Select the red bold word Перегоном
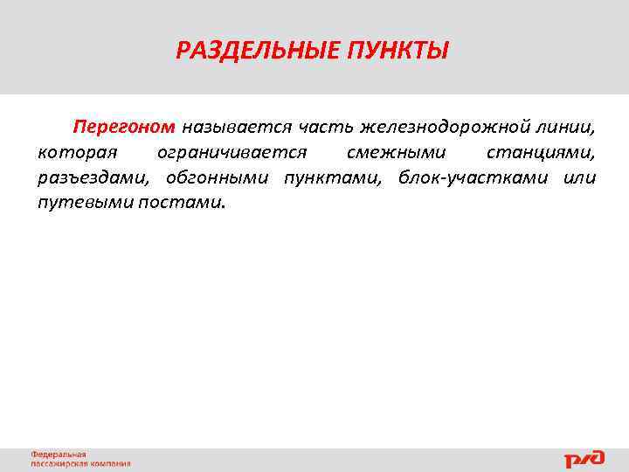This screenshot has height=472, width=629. pyautogui.click(x=124, y=128)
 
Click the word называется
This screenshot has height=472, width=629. pyautogui.click(x=236, y=128)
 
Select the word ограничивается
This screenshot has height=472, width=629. pyautogui.click(x=232, y=153)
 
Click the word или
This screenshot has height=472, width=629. pyautogui.click(x=578, y=178)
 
